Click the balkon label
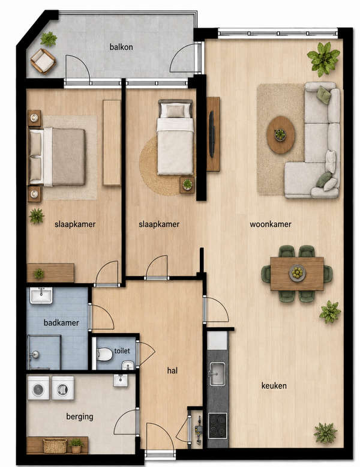(x=121, y=47)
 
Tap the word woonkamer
(x=271, y=224)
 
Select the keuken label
(x=274, y=386)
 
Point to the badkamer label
(x=61, y=322)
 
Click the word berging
(x=80, y=417)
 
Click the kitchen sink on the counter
(x=217, y=374)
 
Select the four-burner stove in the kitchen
(x=217, y=426)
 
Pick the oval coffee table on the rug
(x=280, y=134)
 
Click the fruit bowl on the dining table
(x=297, y=273)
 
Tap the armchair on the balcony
(x=43, y=61)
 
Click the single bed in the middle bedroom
(x=175, y=137)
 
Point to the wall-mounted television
(x=211, y=134)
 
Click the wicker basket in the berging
(x=55, y=445)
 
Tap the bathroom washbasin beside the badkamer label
(x=41, y=295)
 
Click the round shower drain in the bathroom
(x=35, y=354)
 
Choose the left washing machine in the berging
(x=38, y=388)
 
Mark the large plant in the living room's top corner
(x=323, y=59)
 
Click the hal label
(x=172, y=370)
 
